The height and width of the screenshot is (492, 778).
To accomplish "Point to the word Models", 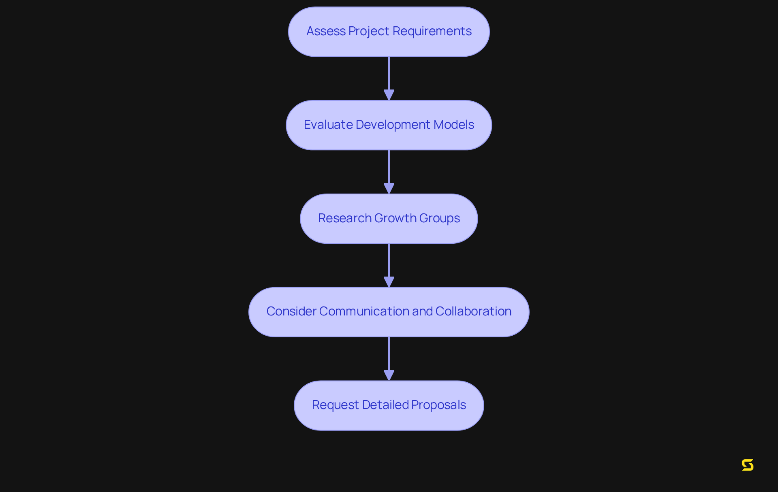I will pyautogui.click(x=453, y=125).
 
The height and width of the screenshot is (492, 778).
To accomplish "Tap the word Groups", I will pyautogui.click(x=439, y=218).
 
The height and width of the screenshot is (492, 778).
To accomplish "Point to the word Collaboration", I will pyautogui.click(x=473, y=311).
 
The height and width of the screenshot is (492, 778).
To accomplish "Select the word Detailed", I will pyautogui.click(x=385, y=405).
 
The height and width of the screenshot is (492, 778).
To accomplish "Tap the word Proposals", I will pyautogui.click(x=438, y=405).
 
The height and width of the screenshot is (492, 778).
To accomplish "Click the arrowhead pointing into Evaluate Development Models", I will pyautogui.click(x=389, y=95).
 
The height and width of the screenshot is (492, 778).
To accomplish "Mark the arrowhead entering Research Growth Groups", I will pyautogui.click(x=389, y=189).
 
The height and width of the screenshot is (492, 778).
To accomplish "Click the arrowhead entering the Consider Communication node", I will pyautogui.click(x=389, y=282).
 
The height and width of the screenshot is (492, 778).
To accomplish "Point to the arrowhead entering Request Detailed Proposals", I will pyautogui.click(x=389, y=375).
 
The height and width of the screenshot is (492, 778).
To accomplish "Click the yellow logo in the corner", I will pyautogui.click(x=748, y=465).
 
